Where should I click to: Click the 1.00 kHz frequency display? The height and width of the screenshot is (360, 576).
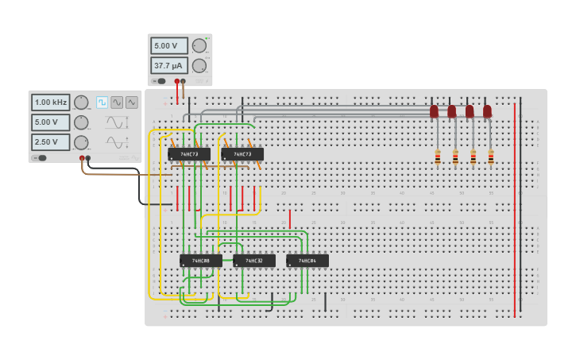pyautogui.click(x=51, y=102)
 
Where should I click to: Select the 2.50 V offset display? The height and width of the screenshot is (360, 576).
pyautogui.click(x=51, y=142)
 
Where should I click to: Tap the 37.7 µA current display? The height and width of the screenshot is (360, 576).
pyautogui.click(x=169, y=65)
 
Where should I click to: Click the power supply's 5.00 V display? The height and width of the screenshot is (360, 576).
pyautogui.click(x=169, y=45)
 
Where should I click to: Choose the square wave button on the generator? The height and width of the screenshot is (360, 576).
pyautogui.click(x=102, y=103)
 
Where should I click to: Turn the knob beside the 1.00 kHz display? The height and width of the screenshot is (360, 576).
pyautogui.click(x=81, y=102)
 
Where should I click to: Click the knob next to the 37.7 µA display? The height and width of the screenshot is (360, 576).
pyautogui.click(x=199, y=65)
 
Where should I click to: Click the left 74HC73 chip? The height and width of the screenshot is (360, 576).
pyautogui.click(x=189, y=154)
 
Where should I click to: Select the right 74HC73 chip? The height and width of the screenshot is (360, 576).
pyautogui.click(x=242, y=154)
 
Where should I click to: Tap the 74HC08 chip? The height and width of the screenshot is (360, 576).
pyautogui.click(x=200, y=261)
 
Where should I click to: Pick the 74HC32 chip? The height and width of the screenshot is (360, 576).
pyautogui.click(x=254, y=261)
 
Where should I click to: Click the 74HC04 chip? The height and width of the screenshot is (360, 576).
pyautogui.click(x=307, y=261)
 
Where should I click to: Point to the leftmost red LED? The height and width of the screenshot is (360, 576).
pyautogui.click(x=434, y=111)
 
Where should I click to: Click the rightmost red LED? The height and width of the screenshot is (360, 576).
pyautogui.click(x=487, y=111)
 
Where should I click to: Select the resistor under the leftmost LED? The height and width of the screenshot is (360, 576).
pyautogui.click(x=438, y=157)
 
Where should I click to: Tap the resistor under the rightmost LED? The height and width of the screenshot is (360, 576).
pyautogui.click(x=491, y=157)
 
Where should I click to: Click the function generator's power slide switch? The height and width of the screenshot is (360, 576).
pyautogui.click(x=39, y=158)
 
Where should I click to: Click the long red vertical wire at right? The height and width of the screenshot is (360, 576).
pyautogui.click(x=515, y=207)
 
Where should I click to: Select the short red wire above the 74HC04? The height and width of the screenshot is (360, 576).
pyautogui.click(x=290, y=219)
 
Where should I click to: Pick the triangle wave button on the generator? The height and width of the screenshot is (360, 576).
pyautogui.click(x=132, y=103)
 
